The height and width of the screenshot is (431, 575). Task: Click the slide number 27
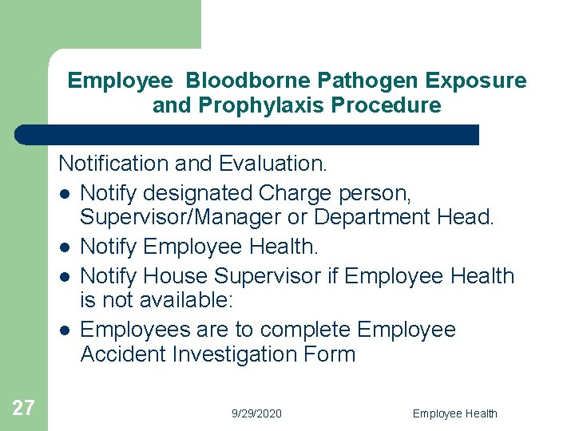pos(23,408)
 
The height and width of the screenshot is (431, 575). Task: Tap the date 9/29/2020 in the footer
pos(256,413)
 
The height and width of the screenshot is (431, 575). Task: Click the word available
pos(184,301)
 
